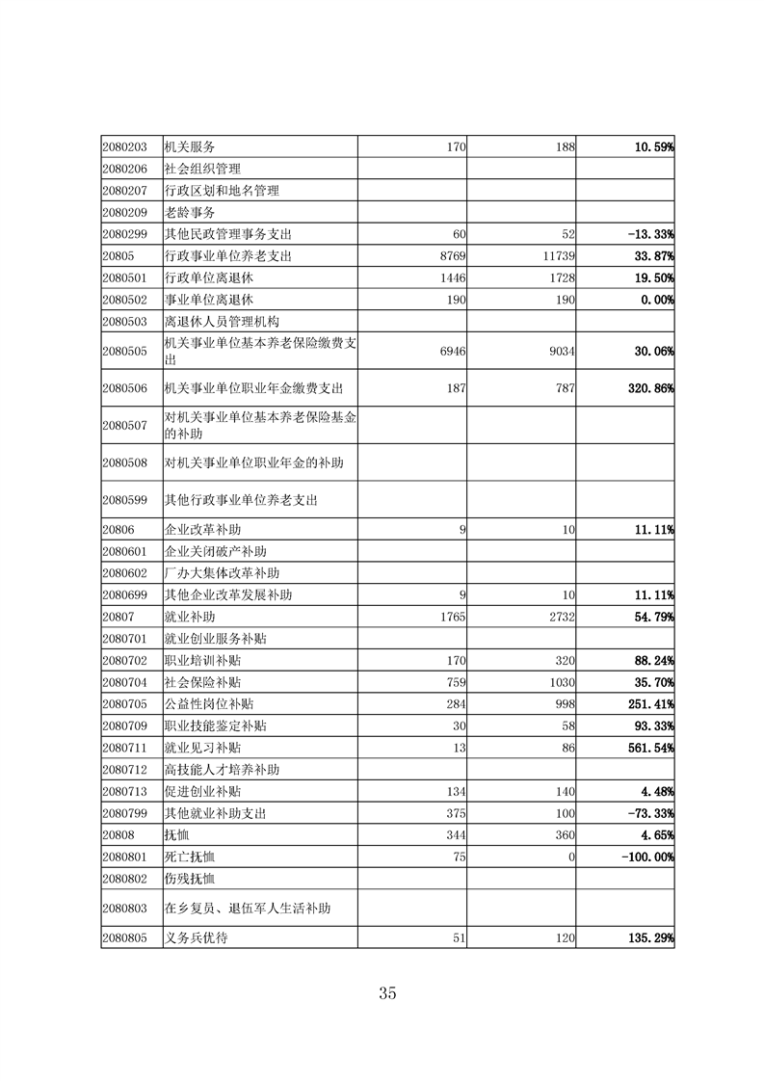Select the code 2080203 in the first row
(124, 147)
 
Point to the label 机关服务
(189, 147)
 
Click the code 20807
(118, 616)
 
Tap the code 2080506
(124, 388)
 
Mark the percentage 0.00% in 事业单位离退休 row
(652, 300)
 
